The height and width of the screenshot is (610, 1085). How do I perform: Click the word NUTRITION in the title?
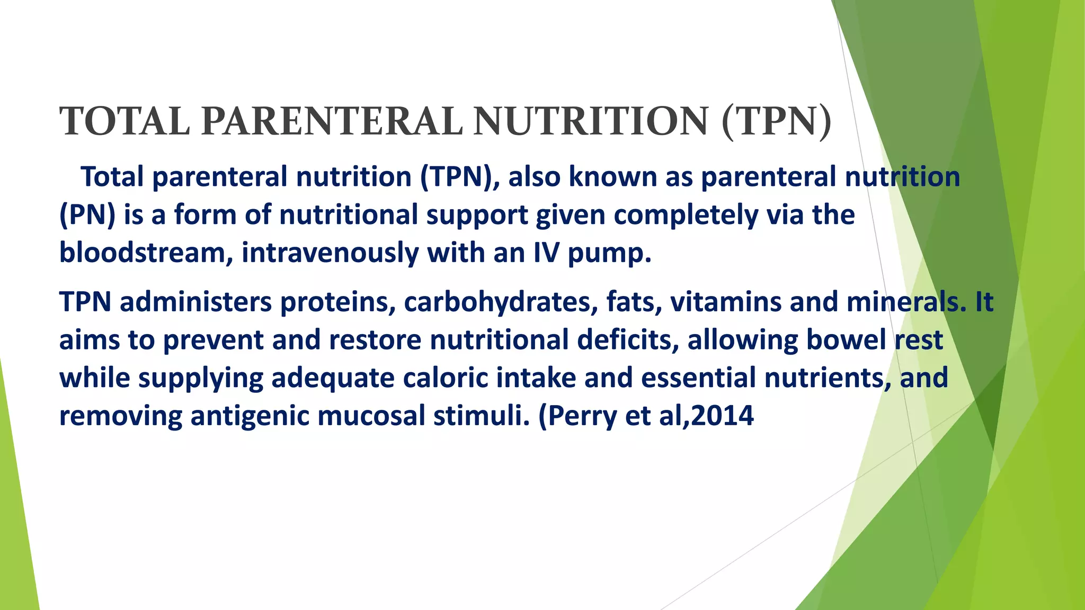[591, 122]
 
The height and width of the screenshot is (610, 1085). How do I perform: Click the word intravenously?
[330, 253]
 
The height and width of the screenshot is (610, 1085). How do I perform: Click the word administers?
[191, 302]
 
